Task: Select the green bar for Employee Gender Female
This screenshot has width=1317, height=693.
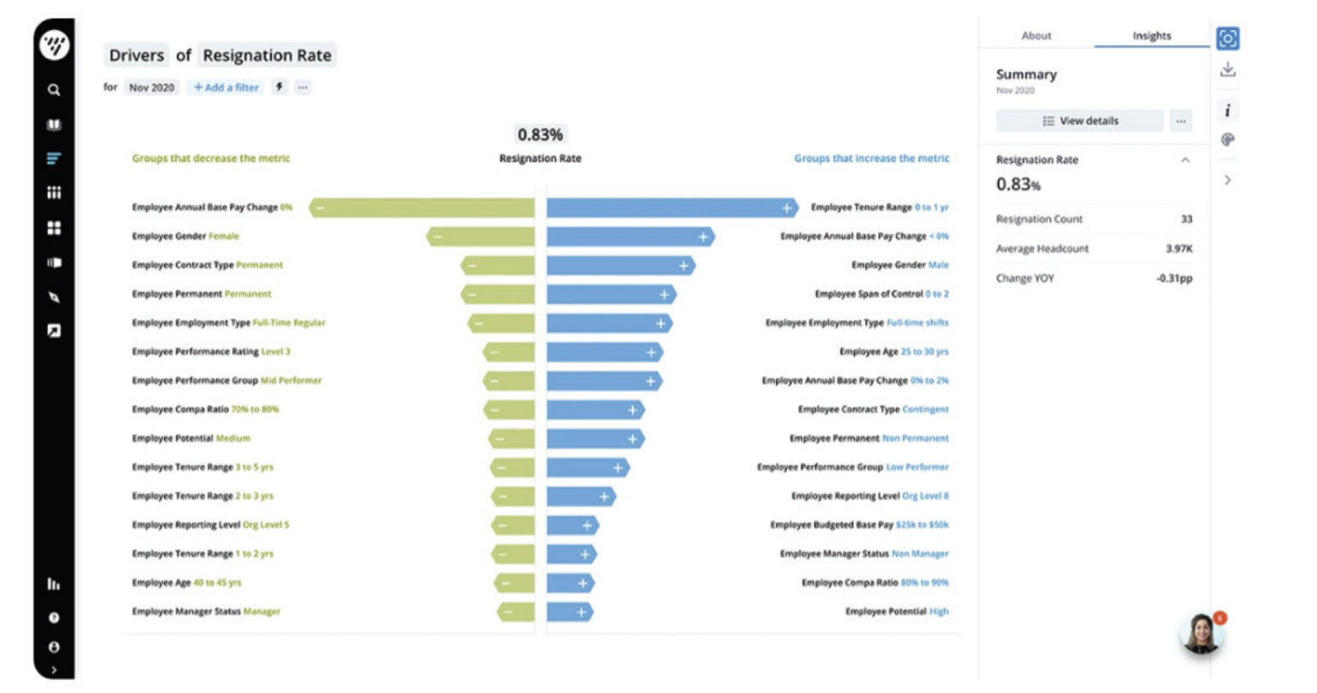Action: point(480,237)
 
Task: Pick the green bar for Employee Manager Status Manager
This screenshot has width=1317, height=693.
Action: point(516,612)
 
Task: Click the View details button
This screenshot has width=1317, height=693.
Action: point(1079,121)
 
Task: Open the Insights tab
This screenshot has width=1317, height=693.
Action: point(1151,36)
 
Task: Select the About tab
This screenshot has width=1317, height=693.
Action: point(1036,36)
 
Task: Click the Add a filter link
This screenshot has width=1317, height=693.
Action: point(226,87)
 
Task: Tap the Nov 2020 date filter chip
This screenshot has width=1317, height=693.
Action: point(152,87)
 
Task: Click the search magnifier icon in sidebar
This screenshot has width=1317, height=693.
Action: point(54,90)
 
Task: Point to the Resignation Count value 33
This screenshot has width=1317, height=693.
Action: point(1186,220)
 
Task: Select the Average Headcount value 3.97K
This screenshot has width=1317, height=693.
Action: point(1178,249)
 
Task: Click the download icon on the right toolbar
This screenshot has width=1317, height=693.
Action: point(1228,70)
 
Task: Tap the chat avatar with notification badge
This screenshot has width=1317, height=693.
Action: point(1200,635)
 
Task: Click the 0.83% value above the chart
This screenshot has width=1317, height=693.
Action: point(540,135)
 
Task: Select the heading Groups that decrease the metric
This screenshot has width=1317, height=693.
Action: point(211,159)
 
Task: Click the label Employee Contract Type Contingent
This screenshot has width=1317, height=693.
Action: point(873,410)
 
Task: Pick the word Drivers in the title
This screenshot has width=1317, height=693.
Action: point(136,56)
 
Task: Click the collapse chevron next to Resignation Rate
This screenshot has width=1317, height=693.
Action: point(1185,160)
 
